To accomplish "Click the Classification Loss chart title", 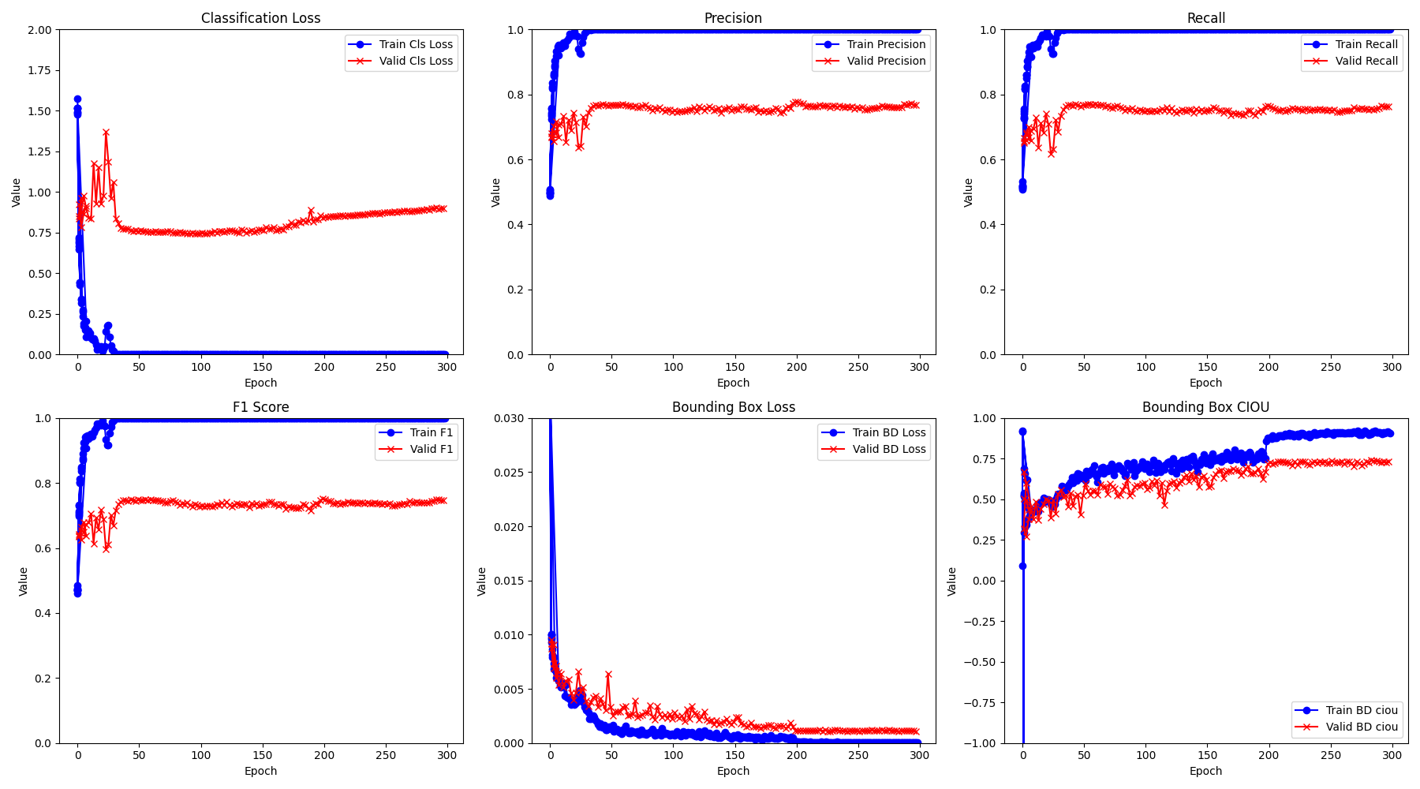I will (x=260, y=18).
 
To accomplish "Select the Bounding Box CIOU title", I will (x=1205, y=407).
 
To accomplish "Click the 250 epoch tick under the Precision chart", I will (x=858, y=367).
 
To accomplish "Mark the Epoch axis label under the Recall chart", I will (x=1205, y=383).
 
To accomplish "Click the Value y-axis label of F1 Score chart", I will (x=23, y=581).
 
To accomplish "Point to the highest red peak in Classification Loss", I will (x=106, y=133).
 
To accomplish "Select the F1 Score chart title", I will (x=260, y=407).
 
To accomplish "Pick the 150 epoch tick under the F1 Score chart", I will (x=262, y=755).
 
